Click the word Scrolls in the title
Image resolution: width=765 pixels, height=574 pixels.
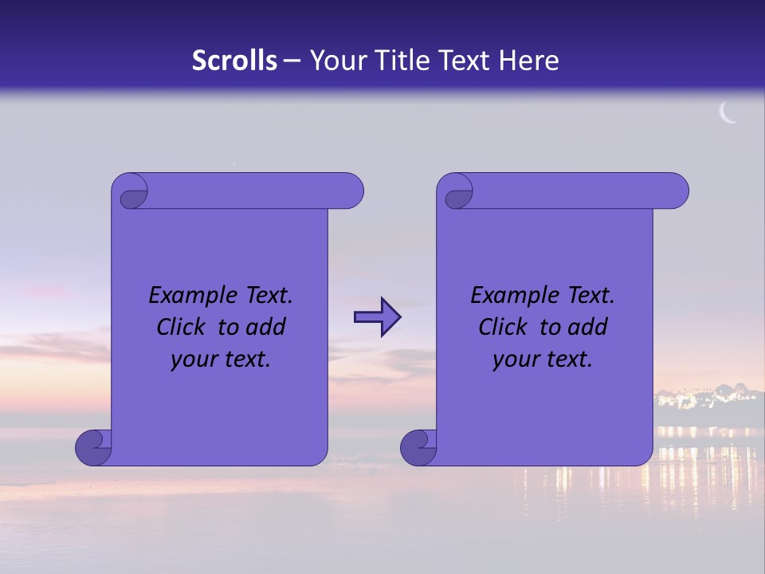[234, 61]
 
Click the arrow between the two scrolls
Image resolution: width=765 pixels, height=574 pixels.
[377, 317]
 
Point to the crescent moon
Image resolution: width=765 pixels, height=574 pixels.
[728, 113]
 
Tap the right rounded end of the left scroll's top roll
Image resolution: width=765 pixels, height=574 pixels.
[351, 191]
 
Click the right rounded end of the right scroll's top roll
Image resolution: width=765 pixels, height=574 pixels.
[676, 191]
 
